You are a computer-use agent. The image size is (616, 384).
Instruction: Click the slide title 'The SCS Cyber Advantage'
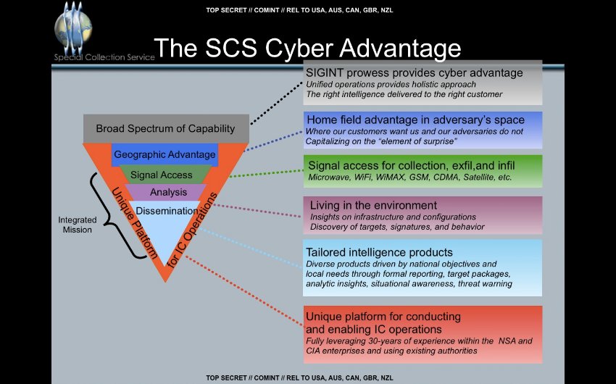pyautogui.click(x=307, y=48)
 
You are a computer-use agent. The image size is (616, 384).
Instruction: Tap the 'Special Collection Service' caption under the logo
pyautogui.click(x=104, y=57)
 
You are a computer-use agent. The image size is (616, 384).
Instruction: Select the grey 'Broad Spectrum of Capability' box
pyautogui.click(x=166, y=128)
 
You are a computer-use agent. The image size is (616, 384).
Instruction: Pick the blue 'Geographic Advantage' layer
pyautogui.click(x=165, y=154)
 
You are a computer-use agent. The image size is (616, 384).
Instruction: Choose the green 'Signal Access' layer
pyautogui.click(x=162, y=175)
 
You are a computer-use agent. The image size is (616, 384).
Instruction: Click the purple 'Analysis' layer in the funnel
pyautogui.click(x=168, y=192)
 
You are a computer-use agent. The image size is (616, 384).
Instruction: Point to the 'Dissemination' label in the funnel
pyautogui.click(x=167, y=211)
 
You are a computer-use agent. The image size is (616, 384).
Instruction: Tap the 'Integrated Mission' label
pyautogui.click(x=75, y=225)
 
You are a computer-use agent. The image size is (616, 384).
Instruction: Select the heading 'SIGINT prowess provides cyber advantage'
pyautogui.click(x=414, y=73)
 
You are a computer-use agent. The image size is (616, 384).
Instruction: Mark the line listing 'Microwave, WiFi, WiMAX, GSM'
pyautogui.click(x=410, y=177)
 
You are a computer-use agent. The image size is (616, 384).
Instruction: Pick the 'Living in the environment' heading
pyautogui.click(x=373, y=205)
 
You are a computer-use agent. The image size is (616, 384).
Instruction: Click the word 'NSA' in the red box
pyautogui.click(x=507, y=341)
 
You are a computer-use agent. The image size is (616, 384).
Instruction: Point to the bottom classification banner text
pyautogui.click(x=299, y=377)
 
